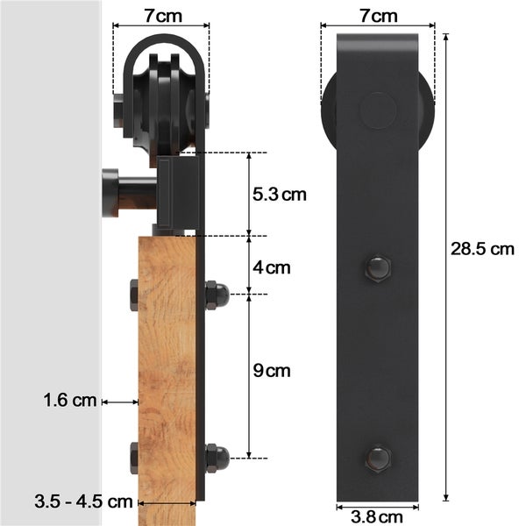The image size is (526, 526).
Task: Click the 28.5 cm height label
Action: click(482, 249)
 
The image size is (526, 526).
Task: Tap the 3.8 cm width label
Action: click(377, 517)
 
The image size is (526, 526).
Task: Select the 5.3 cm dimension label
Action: click(280, 195)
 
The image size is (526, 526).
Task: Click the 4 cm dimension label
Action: click(272, 267)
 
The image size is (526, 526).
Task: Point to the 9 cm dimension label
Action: click(272, 371)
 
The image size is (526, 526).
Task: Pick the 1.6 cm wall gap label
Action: click(70, 401)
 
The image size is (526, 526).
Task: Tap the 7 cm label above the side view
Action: click(163, 16)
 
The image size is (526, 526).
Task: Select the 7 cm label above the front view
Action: click(379, 16)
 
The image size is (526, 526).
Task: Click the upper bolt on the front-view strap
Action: click(378, 269)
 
